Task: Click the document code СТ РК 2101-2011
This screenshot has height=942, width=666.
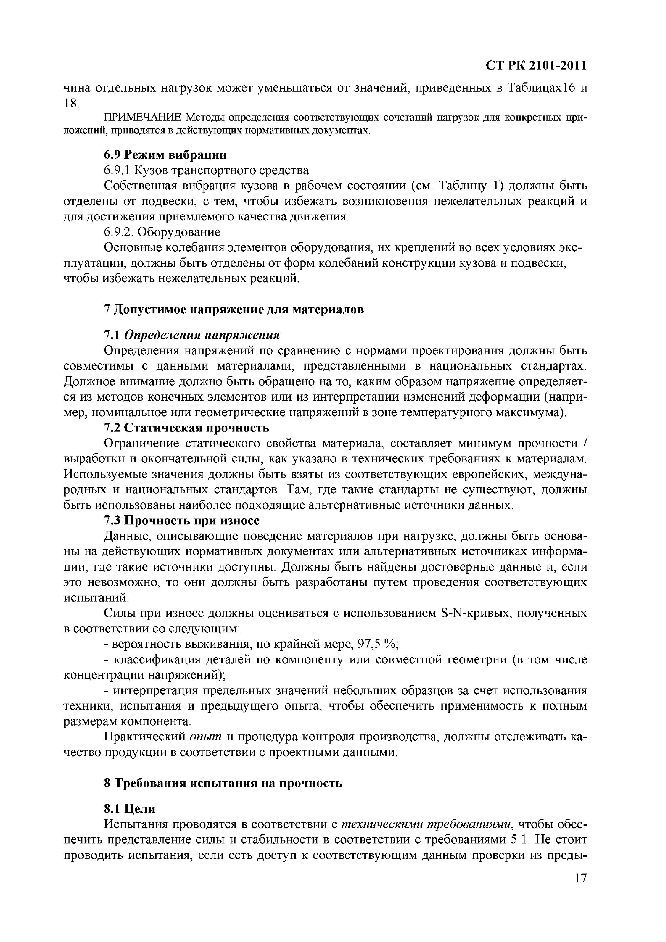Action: [536, 66]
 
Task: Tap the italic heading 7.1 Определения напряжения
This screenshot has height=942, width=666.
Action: [192, 335]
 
